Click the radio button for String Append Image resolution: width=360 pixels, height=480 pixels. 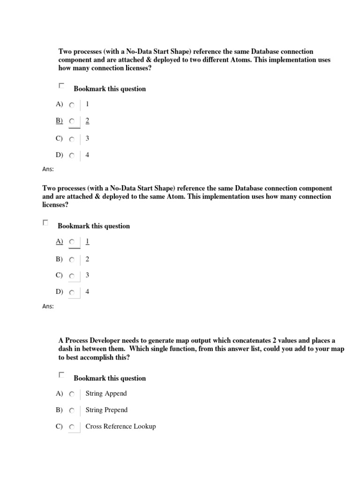(x=72, y=394)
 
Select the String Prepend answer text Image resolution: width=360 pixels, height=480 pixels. (x=106, y=410)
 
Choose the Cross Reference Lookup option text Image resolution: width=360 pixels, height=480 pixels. (x=120, y=427)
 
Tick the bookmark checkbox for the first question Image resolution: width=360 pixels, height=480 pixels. (x=61, y=86)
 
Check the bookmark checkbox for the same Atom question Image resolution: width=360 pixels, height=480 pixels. (x=45, y=223)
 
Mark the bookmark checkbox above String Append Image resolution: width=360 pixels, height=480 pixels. (x=61, y=375)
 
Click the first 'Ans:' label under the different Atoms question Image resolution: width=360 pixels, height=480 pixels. (x=48, y=169)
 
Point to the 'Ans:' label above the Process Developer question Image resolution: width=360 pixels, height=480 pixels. (x=48, y=307)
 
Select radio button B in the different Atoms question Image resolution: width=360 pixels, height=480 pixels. (x=72, y=121)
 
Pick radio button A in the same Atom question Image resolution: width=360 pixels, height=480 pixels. (x=72, y=242)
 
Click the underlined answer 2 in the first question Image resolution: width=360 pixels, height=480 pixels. (x=87, y=120)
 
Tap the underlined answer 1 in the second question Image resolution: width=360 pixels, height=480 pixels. (x=87, y=241)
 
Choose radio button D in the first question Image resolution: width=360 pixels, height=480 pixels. (x=72, y=155)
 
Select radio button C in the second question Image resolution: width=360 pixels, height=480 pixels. (x=72, y=277)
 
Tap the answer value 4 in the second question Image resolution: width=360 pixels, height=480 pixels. (x=87, y=292)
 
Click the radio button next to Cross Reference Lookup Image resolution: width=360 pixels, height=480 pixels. (x=72, y=427)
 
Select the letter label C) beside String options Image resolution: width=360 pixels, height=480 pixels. (x=59, y=427)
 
